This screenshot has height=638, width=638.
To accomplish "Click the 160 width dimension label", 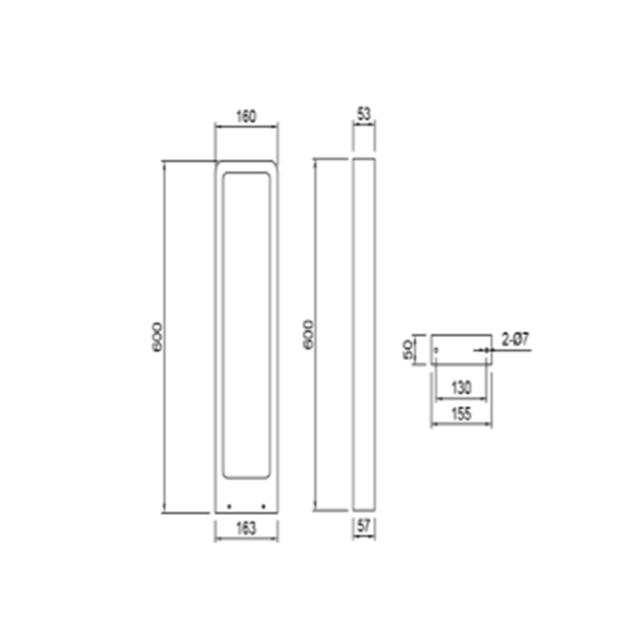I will pos(246,115).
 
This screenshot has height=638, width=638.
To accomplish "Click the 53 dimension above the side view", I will pos(364,115).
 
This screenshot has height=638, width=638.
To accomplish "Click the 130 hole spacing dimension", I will pos(461,387).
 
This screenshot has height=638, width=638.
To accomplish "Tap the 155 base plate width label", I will pos(461,414).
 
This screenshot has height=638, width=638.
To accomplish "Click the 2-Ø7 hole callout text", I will pos(517,338).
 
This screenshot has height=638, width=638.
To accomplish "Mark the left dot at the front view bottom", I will pos(230,507).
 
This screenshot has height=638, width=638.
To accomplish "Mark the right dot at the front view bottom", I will pos(263,507).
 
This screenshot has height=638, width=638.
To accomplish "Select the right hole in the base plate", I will pos(486,351).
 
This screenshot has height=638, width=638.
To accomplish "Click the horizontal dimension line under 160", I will pos(246,126).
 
